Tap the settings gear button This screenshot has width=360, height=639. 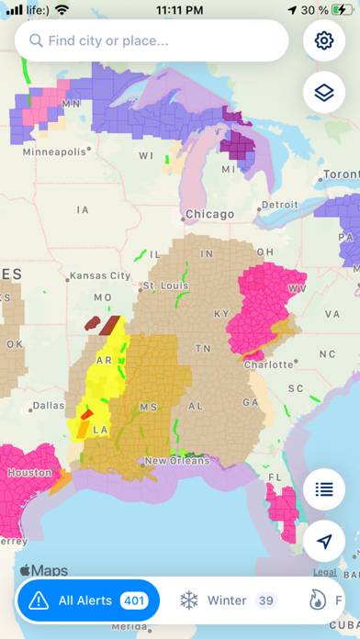323,41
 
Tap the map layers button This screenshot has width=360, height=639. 323,93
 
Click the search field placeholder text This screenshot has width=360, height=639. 107,40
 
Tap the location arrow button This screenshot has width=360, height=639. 323,542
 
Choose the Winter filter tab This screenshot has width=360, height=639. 226,600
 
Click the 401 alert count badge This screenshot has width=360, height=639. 133,600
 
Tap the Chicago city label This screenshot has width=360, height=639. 209,214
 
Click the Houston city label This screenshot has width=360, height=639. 29,473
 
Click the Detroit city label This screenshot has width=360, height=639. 279,204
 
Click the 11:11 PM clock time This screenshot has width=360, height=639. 180,10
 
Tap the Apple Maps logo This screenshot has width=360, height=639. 43,570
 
